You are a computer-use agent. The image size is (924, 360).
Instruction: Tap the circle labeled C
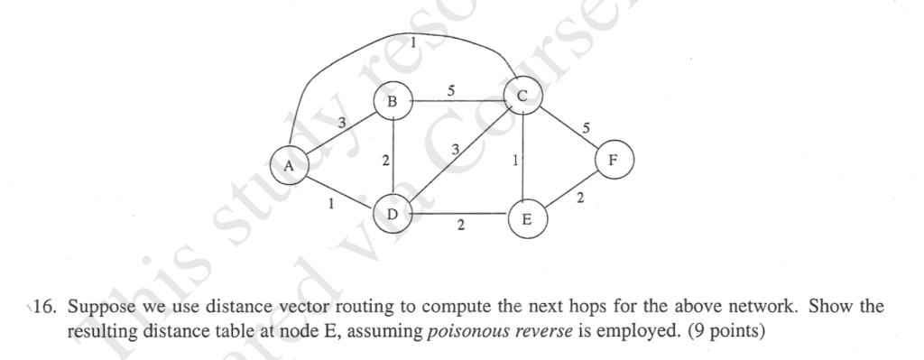522,94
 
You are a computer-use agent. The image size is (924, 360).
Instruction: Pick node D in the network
392,215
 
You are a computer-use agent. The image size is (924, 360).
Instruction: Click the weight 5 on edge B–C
451,90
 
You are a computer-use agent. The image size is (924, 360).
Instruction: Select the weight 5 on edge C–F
587,129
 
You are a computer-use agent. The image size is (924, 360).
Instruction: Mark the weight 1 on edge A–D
331,205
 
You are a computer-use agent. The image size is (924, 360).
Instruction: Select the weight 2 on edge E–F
581,197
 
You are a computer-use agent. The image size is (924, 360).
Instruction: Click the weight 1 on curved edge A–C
412,42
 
